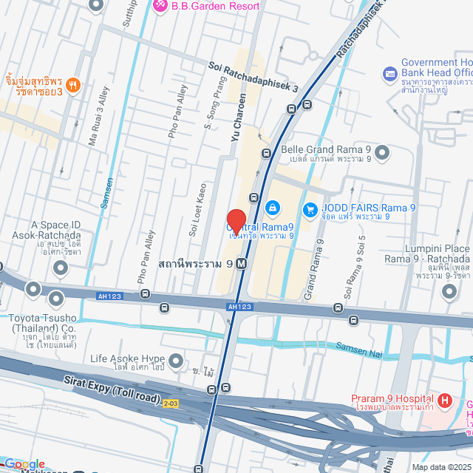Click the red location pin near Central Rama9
[236, 222]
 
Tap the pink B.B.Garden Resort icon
[160, 6]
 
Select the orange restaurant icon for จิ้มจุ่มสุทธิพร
[72, 85]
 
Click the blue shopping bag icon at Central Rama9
[273, 208]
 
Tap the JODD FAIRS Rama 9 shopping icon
[310, 208]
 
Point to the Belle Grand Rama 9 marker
[381, 153]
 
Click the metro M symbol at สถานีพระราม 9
[242, 263]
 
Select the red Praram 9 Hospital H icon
[444, 401]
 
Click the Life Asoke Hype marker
[175, 361]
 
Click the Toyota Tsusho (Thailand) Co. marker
[56, 299]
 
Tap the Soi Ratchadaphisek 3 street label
[253, 77]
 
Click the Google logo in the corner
[24, 464]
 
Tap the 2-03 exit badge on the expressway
[171, 403]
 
